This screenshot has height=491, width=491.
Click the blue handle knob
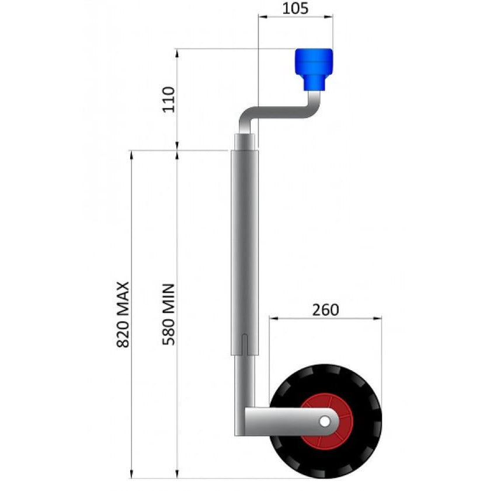pos(314,69)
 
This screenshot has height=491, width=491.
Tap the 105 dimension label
pos(295,8)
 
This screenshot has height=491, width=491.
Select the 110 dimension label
pos(169,99)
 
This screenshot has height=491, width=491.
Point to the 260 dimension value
pos(325,310)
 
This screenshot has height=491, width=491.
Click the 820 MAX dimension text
pos(123,315)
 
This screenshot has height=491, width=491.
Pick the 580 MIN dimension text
pos(169,314)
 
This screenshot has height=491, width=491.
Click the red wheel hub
pos(326,422)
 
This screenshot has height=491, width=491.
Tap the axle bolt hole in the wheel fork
pos(325,422)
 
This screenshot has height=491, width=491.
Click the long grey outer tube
pos(245,252)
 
